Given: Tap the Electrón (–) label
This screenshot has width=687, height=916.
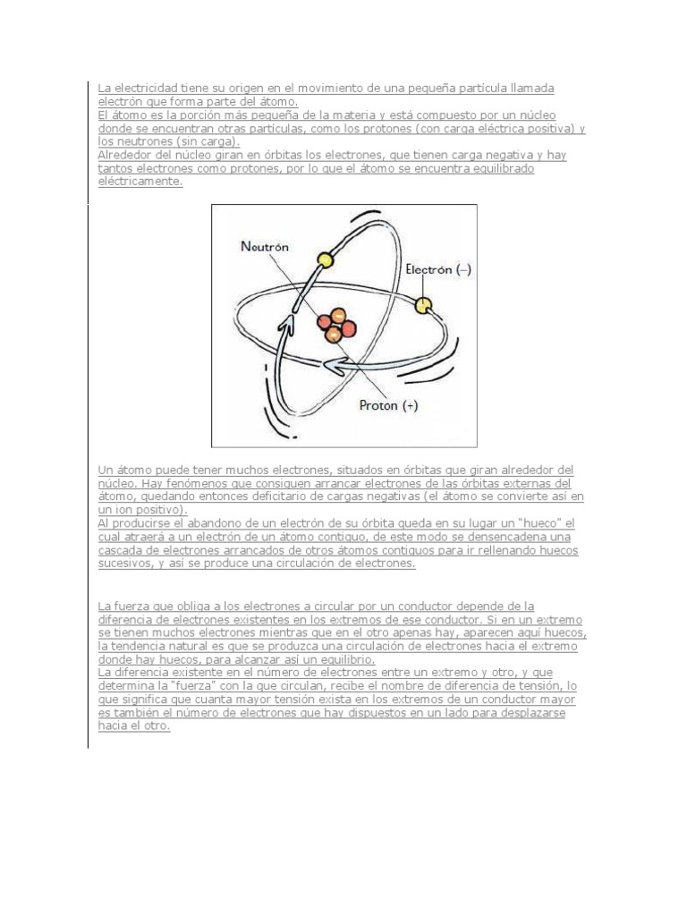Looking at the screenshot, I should click(x=437, y=268).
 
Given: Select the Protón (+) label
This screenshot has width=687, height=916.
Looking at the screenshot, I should click(x=388, y=405).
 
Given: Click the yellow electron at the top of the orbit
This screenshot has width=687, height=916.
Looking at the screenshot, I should click(x=325, y=260).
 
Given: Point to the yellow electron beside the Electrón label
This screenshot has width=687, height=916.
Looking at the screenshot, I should click(x=422, y=305).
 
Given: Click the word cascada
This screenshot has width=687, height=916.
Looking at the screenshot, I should click(x=122, y=550).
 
